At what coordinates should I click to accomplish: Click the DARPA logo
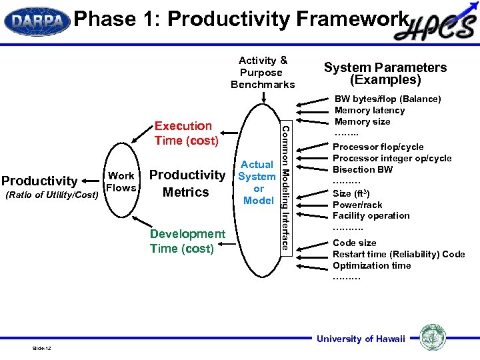37,21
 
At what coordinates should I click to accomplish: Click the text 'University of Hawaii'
361,339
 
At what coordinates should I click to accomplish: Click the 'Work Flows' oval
121,182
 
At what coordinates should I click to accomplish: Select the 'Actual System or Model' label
257,182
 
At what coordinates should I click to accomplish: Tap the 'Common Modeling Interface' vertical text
285,187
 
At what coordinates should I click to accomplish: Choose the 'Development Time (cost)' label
187,241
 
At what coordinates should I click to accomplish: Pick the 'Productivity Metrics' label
187,183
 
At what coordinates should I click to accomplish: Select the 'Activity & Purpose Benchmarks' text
263,72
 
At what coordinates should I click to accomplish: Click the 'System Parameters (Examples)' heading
385,73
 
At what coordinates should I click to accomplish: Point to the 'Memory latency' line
369,110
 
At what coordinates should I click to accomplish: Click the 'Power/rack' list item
357,205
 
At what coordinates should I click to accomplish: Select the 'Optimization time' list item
372,265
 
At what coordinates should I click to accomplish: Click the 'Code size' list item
355,243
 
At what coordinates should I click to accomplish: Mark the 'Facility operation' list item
371,215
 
